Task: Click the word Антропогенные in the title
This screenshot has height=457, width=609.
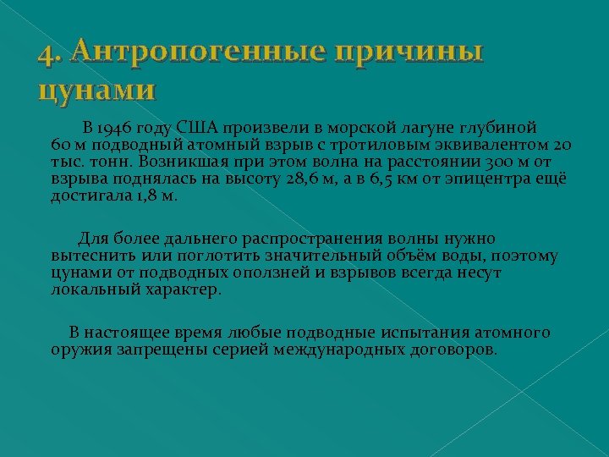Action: point(197,52)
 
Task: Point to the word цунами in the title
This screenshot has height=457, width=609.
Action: point(96,89)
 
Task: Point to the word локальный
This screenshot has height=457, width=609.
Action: point(92,289)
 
